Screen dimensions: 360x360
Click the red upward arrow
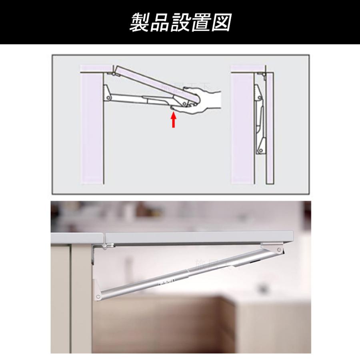(x=173, y=120)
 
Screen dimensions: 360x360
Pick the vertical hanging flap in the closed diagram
(x=269, y=128)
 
